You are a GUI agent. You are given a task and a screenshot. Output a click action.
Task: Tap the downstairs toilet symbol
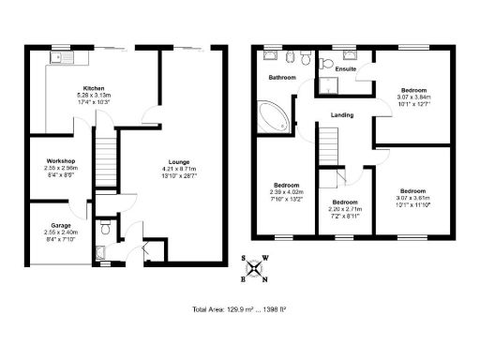(x=105, y=227)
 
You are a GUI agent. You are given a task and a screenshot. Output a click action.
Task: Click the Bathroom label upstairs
(x=282, y=77)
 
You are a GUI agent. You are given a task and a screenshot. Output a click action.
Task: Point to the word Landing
(x=341, y=115)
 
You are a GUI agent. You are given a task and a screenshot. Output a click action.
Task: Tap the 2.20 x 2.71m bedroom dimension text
(x=345, y=209)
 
